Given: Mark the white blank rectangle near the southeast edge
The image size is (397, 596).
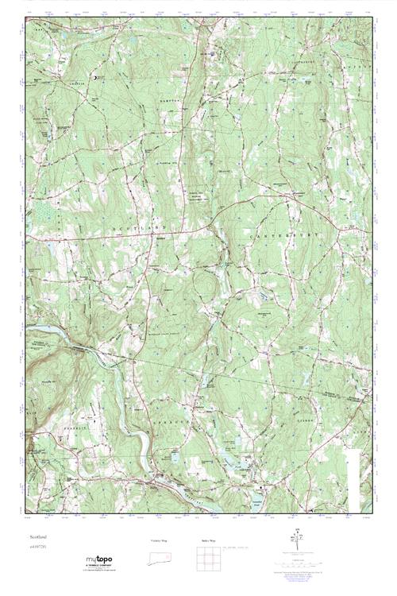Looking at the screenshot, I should click(x=353, y=477).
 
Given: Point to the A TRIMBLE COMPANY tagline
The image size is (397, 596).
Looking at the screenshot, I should click(x=99, y=566).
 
